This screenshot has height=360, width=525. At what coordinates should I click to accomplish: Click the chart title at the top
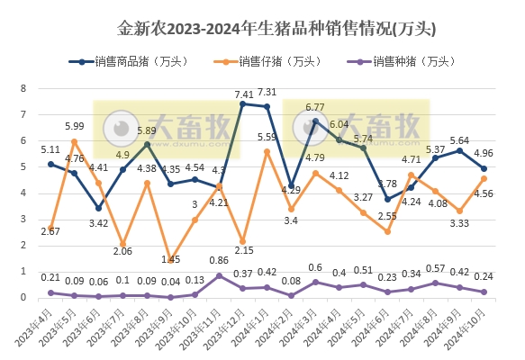pos(263,29)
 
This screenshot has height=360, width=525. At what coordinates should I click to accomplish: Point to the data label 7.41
pos(243,94)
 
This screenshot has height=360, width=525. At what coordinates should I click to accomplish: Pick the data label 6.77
pos(314,107)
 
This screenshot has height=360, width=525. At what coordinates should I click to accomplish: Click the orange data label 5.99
pos(74,126)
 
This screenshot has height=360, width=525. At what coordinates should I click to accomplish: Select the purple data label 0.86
pos(218,260)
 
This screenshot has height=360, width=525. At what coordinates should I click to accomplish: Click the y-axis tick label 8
pos(24,89)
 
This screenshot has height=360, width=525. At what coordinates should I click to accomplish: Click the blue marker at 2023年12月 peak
pos(242,104)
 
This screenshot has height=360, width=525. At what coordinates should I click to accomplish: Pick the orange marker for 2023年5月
pos(75,141)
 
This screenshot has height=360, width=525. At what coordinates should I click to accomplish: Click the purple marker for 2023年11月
pos(219,275)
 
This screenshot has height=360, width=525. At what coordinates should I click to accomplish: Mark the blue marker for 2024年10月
pos(484,168)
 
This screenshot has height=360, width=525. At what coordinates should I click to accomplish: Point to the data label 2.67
pos(51,232)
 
